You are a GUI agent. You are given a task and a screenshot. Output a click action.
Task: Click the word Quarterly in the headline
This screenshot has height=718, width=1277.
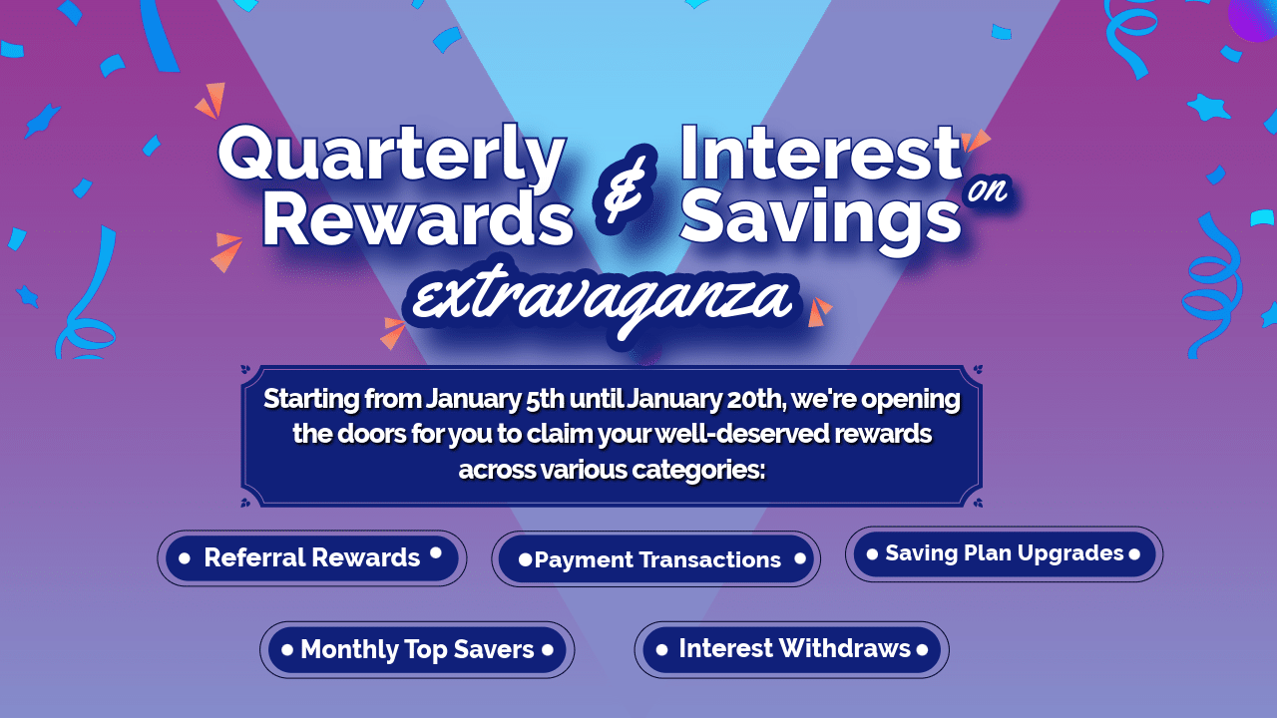click(x=391, y=159)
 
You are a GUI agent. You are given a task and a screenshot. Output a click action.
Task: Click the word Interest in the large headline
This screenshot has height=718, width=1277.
click(x=820, y=155)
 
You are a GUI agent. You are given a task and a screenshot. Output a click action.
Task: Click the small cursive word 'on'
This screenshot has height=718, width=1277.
click(x=988, y=190)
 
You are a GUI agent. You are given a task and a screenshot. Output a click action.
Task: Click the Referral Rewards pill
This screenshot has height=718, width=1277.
click(x=311, y=557)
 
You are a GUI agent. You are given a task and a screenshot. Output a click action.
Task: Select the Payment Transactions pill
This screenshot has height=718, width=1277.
click(x=656, y=559)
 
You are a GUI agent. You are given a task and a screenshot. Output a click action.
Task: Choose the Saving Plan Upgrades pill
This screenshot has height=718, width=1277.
click(x=1004, y=553)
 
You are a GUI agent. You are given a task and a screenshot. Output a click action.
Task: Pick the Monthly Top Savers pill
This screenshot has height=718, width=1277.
click(x=417, y=650)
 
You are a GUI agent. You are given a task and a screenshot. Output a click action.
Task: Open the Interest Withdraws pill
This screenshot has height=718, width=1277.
click(x=793, y=649)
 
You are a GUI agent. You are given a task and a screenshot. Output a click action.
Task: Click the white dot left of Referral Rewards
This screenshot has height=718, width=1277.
click(x=185, y=558)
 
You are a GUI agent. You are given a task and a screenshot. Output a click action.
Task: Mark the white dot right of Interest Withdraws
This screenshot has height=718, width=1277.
click(x=922, y=650)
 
